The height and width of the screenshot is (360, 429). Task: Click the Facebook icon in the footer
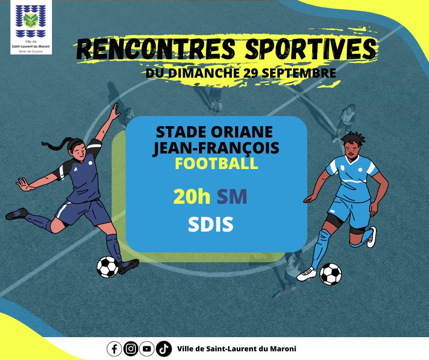point(114,349)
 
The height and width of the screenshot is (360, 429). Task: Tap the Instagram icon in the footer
point(131,349)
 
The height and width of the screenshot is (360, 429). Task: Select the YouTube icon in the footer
point(147,349)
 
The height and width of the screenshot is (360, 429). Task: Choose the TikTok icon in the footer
point(163,349)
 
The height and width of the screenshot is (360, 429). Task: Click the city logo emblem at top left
point(31,21)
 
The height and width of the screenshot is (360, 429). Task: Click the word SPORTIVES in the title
point(310,49)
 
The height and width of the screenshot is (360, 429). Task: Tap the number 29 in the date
point(251,73)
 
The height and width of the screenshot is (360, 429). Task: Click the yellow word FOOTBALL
point(216,163)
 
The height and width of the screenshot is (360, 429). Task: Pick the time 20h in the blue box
point(192,197)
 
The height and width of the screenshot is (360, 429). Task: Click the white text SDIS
point(211,224)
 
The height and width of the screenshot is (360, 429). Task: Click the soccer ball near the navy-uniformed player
point(108,267)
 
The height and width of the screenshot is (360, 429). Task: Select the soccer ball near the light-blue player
point(330,274)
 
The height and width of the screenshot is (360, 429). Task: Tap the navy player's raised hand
point(115,111)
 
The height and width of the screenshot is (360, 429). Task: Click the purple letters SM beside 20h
point(232,197)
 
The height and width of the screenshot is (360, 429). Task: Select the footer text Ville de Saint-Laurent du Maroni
point(237,349)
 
